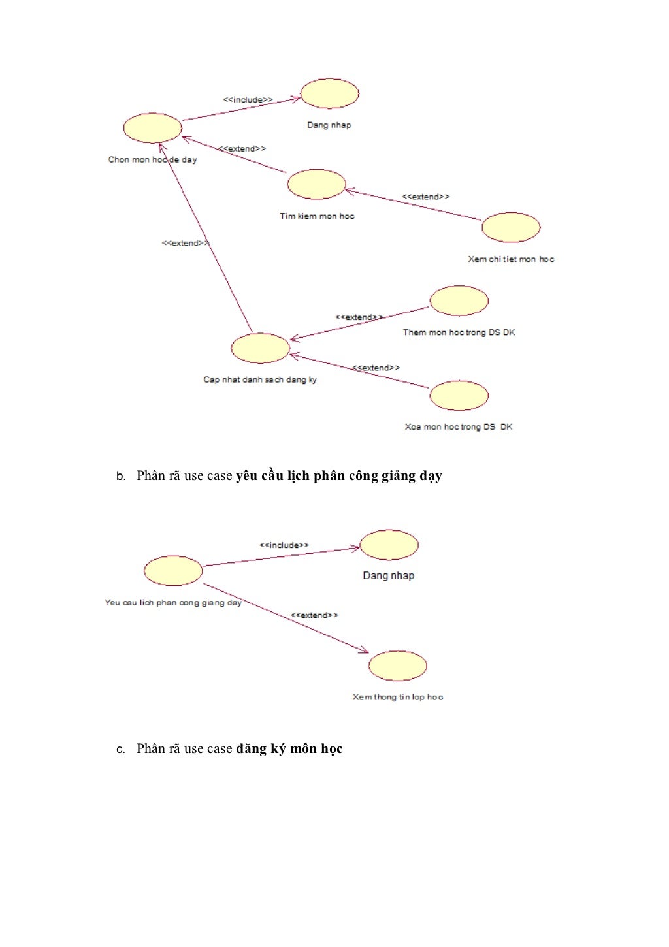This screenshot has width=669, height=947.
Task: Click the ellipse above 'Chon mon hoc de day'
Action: [x=152, y=128]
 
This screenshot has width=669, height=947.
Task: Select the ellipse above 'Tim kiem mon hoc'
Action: [x=316, y=184]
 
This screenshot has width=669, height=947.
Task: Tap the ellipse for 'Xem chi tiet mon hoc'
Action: [x=511, y=227]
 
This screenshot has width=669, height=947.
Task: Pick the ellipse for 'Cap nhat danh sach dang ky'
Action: [x=260, y=348]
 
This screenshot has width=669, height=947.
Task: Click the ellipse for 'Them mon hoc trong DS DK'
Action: [x=459, y=300]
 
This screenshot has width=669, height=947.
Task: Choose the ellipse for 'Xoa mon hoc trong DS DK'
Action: [x=459, y=396]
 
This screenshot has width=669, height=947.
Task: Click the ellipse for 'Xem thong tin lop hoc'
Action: [x=397, y=666]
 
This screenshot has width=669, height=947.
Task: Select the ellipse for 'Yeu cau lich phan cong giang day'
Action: [x=173, y=571]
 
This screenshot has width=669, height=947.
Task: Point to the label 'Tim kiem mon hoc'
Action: [x=318, y=216]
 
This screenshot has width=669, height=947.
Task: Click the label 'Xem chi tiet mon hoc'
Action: [x=511, y=259]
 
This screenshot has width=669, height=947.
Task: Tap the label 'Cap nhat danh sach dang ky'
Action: [x=260, y=379]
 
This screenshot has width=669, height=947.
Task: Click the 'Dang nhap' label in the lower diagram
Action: [x=389, y=575]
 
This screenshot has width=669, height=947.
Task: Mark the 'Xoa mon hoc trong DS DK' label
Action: [x=459, y=427]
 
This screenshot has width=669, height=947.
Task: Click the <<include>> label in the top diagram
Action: [x=248, y=100]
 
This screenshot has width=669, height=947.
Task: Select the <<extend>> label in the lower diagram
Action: [x=314, y=615]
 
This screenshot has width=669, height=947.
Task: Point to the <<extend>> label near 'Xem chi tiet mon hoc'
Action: [x=425, y=197]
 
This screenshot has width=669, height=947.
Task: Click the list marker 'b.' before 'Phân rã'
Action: [x=121, y=477]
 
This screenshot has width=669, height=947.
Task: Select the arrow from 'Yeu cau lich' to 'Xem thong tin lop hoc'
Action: [x=286, y=618]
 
